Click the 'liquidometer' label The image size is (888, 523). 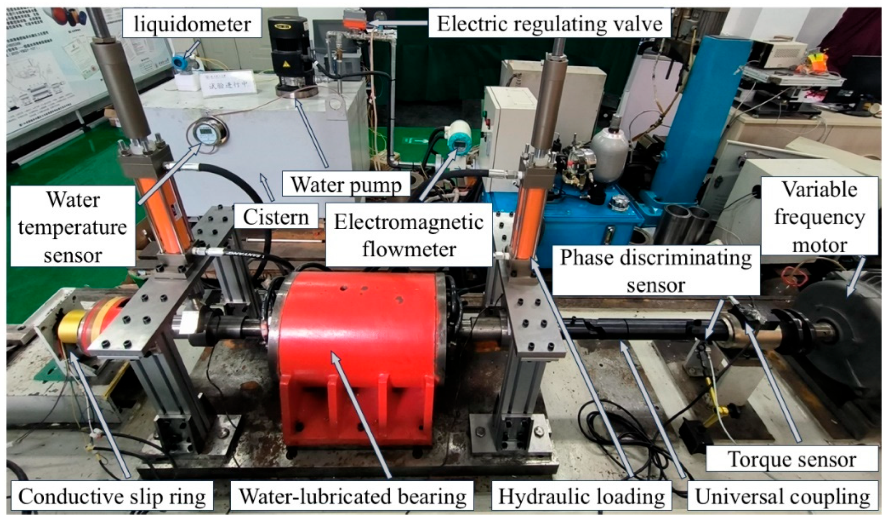coord(192,24)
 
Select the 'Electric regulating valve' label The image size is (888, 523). coord(549,24)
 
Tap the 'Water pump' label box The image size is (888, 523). coord(346,185)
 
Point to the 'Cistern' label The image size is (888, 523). coord(275,217)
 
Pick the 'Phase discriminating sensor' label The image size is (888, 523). coord(655,271)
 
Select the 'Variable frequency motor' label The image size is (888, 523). coord(819,216)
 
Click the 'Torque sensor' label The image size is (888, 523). coord(792,459)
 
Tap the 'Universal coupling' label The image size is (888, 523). coord(782,496)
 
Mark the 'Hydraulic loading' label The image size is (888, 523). coord(581,496)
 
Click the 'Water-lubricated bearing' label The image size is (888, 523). coord(353,496)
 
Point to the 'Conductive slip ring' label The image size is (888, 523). coord(112,496)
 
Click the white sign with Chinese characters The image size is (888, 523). coord(227,83)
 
